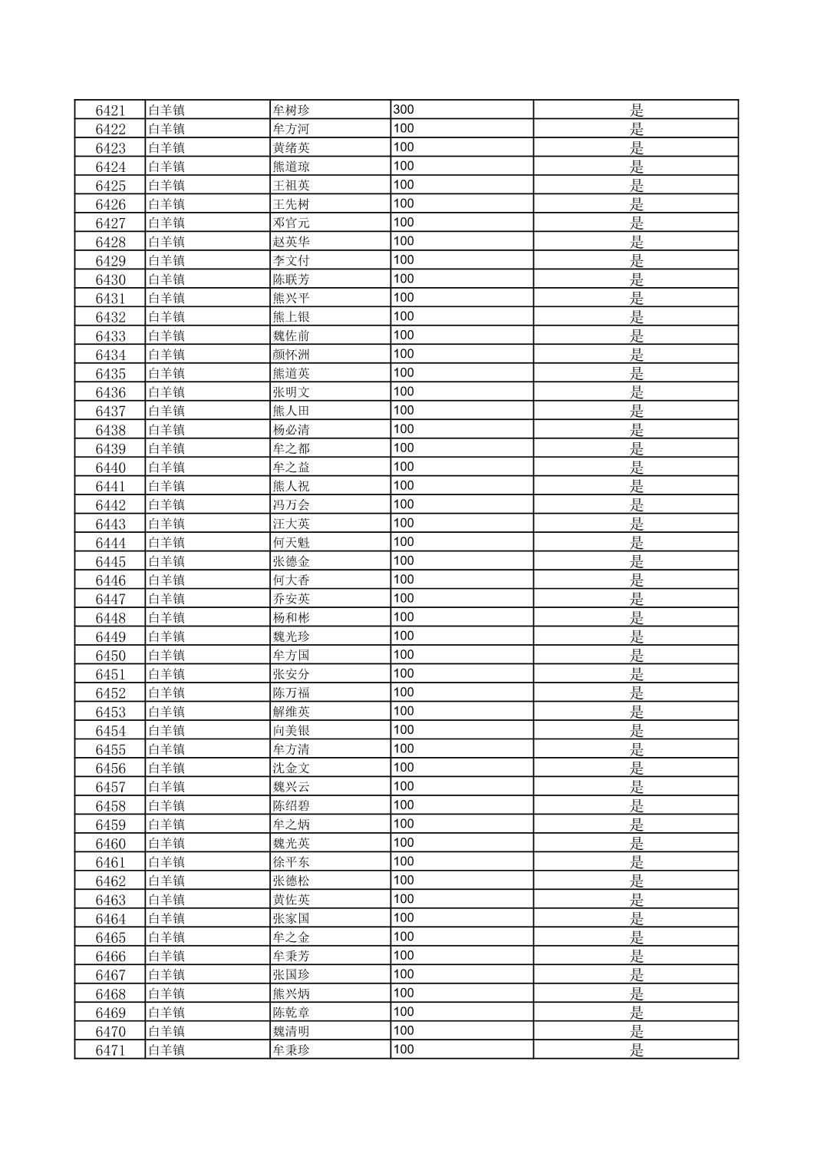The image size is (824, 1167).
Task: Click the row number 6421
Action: tap(110, 111)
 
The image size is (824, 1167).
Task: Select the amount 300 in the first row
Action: tap(404, 110)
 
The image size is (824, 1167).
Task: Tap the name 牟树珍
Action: tap(292, 111)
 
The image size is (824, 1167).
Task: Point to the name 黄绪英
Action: tap(292, 148)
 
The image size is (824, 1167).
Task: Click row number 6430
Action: tap(110, 280)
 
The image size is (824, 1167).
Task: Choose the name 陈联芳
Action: tap(292, 280)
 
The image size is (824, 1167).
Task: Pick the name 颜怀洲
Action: tap(292, 355)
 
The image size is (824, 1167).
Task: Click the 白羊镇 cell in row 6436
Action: tap(166, 393)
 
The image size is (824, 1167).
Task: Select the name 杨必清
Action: tap(292, 431)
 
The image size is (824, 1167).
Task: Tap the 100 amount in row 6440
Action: tap(404, 468)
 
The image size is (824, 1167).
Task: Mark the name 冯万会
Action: tap(292, 506)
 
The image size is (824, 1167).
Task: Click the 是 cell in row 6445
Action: tap(636, 562)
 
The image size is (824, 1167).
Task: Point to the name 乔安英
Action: tap(292, 600)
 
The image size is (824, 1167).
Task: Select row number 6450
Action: tap(110, 656)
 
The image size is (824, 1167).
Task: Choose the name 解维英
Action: tap(292, 712)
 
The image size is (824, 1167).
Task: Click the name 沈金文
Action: tap(292, 769)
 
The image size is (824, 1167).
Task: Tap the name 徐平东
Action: tap(292, 863)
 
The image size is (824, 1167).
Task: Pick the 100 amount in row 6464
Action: tap(404, 918)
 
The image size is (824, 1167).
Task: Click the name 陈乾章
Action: tap(292, 1013)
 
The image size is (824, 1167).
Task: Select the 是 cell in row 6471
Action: tap(636, 1051)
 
